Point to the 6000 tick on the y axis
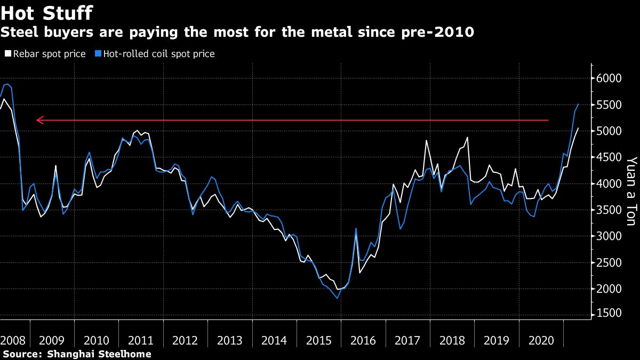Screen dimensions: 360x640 [609, 78]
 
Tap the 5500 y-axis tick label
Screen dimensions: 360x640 [609, 105]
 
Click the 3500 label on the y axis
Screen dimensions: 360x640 [609, 210]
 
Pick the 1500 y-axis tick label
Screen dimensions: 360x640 [609, 315]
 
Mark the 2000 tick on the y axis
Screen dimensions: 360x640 [609, 289]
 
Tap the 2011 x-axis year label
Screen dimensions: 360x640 [141, 340]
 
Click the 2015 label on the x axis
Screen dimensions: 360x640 [318, 340]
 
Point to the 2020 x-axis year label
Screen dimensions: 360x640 [540, 340]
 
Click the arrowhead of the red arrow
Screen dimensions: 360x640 [39, 121]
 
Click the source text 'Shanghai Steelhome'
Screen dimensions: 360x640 [99, 354]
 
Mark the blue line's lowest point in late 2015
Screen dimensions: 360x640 [338, 298]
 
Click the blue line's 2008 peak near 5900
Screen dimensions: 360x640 [7, 84]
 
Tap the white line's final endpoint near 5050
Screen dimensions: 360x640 [579, 128]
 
